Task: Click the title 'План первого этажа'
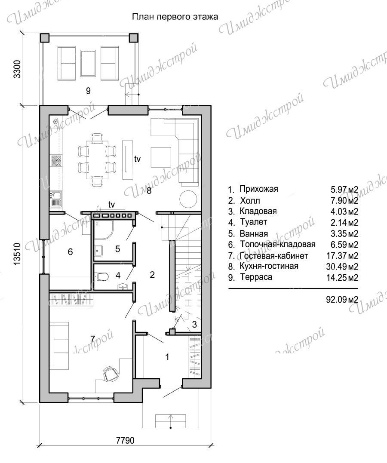175,17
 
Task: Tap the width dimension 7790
125,440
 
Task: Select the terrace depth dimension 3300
18,69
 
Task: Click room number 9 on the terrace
88,91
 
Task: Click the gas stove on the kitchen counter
56,161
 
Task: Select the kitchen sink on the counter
55,198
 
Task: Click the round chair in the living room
188,199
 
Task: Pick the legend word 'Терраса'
256,277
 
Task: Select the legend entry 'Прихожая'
259,189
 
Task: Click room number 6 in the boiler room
70,251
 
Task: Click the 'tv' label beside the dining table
137,159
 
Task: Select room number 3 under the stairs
194,325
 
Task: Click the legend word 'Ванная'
254,233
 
